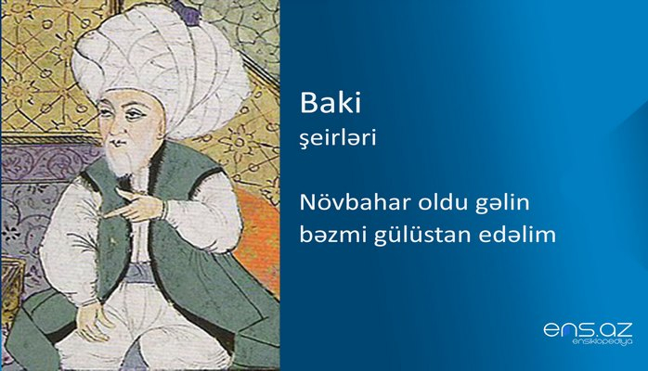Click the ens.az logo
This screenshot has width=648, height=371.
[587, 328]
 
